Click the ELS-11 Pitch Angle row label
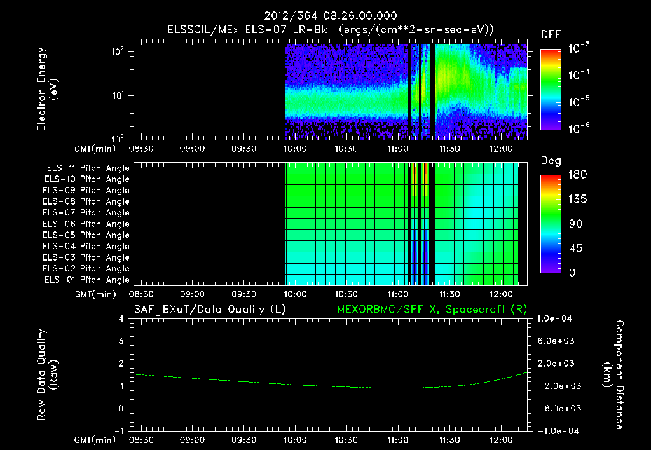click(88, 168)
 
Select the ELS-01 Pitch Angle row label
click(88, 280)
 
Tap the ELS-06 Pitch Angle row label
click(88, 224)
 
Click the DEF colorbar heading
click(551, 34)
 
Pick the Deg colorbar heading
click(551, 161)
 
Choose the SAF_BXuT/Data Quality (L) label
click(209, 309)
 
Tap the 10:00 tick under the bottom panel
click(295, 439)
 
